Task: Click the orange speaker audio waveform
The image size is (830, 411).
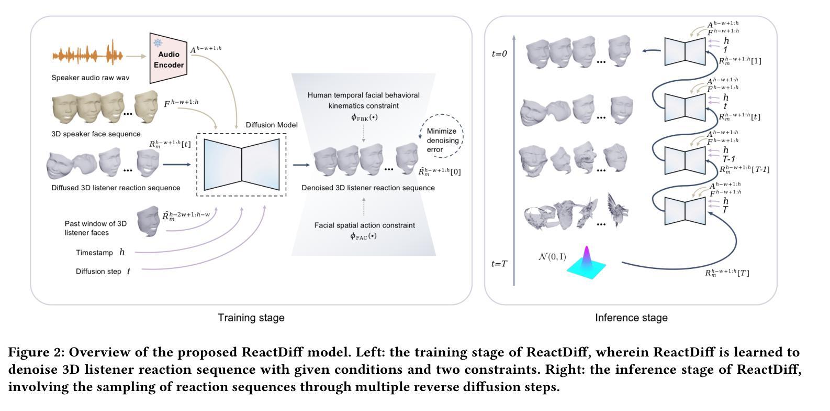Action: [x=87, y=55]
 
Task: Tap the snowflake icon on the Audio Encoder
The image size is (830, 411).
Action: [x=157, y=43]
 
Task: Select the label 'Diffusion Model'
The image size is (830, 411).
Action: [x=272, y=125]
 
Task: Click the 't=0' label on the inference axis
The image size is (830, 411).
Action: [x=499, y=53]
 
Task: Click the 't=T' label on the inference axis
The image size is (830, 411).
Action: [x=499, y=264]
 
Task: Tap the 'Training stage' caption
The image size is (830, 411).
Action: [x=251, y=318]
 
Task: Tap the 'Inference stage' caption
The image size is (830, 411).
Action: [x=631, y=318]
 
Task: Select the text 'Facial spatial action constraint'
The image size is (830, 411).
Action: [x=364, y=225]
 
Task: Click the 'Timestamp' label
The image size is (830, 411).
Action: [x=94, y=253]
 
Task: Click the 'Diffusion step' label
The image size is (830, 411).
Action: [x=98, y=272]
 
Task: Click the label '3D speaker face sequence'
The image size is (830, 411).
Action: [x=96, y=134]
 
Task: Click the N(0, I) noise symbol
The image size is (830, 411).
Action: [x=552, y=257]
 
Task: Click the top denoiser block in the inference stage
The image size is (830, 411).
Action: [x=685, y=51]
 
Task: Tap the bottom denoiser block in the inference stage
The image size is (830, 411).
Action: [x=685, y=210]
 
